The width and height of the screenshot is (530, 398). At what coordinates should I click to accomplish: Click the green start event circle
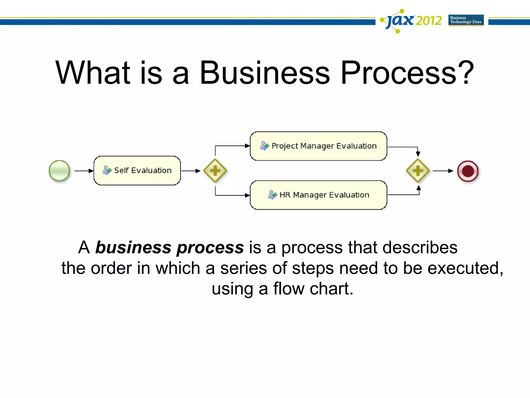point(59,170)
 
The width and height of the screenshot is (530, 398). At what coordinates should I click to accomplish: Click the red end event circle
point(468,171)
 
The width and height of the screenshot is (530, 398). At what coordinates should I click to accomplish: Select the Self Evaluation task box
point(137,170)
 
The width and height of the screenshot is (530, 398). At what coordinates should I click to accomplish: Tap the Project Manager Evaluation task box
point(318,146)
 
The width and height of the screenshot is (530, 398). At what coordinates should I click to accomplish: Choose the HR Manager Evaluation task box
point(318,195)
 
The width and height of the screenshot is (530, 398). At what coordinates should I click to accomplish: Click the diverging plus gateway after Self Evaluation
point(215,171)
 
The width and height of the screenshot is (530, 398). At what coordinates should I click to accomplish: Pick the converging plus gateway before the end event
point(418,171)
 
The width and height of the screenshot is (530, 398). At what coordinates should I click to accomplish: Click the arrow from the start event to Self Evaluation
point(83,171)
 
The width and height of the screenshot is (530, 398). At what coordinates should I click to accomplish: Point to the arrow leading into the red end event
point(443,171)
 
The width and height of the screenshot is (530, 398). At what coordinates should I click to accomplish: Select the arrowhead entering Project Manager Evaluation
point(247,146)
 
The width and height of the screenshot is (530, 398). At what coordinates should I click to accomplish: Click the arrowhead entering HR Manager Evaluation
point(247,195)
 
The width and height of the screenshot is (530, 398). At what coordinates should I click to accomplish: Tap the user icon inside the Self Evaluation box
point(107,170)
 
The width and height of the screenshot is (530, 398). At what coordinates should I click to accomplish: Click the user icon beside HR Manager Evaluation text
point(272,195)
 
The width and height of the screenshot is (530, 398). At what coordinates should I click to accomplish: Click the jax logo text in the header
point(400,20)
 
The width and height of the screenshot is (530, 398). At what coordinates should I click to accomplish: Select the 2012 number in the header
point(429,21)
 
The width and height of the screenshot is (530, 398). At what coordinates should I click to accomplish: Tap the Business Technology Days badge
point(466,20)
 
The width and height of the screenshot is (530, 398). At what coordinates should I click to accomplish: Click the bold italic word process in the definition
point(210,247)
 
